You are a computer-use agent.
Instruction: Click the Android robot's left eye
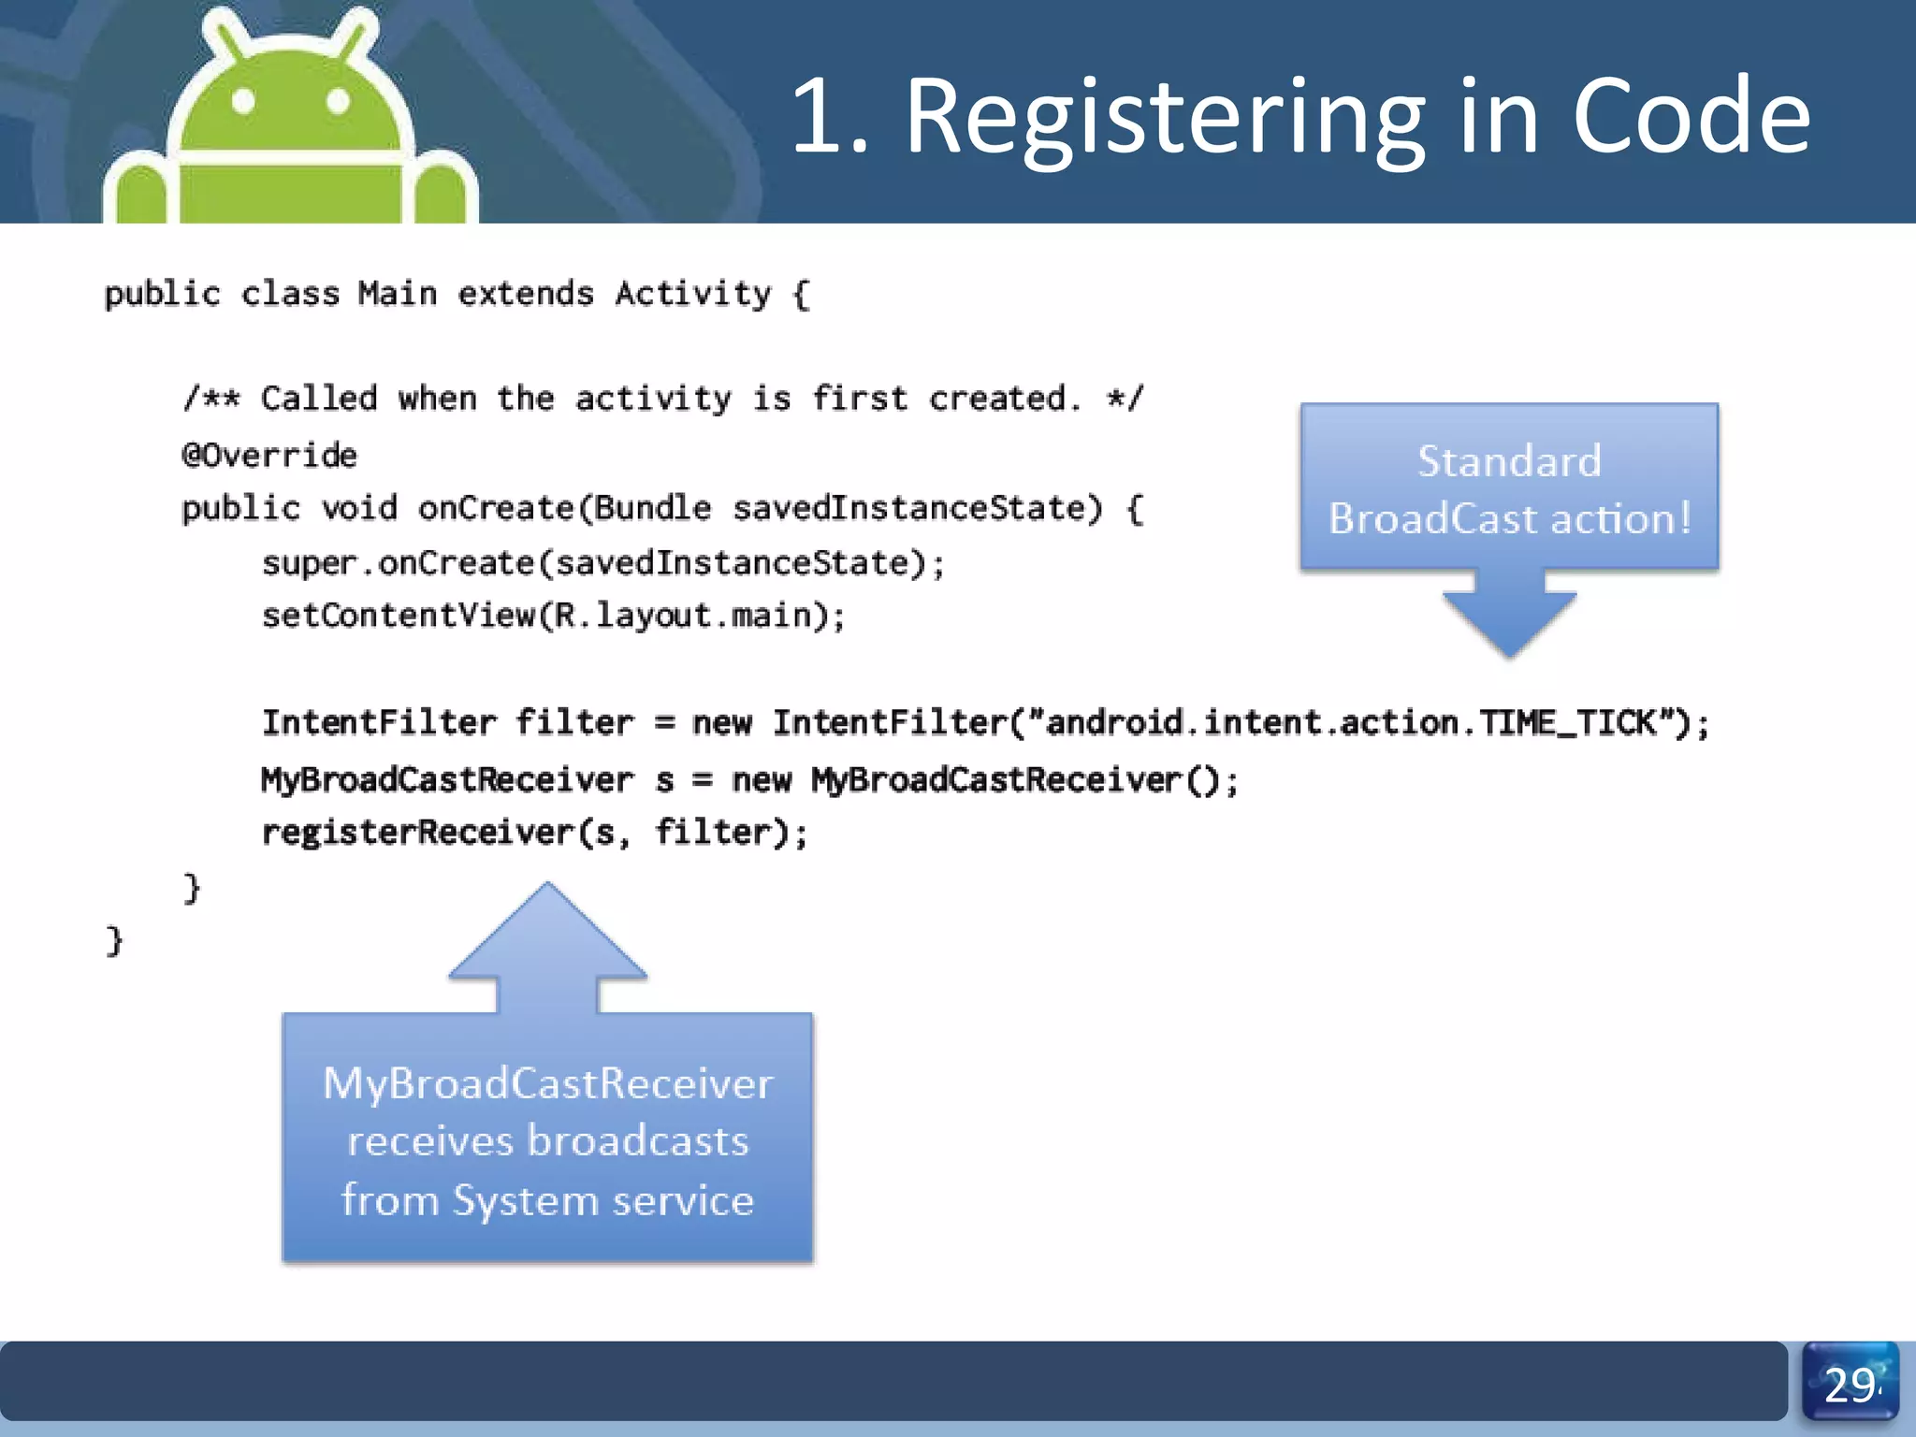(243, 100)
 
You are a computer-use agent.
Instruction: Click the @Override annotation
(269, 456)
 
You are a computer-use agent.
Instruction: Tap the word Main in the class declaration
(398, 294)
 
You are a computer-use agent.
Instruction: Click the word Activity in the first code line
(693, 294)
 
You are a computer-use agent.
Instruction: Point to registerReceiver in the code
(417, 832)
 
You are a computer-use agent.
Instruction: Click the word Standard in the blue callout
(1509, 461)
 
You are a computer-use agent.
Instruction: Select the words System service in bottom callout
(603, 1200)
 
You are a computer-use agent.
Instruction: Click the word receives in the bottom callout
(430, 1141)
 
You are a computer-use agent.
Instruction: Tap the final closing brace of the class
(114, 940)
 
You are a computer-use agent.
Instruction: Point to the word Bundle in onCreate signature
(653, 508)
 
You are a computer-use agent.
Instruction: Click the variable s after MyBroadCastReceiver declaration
(664, 780)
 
